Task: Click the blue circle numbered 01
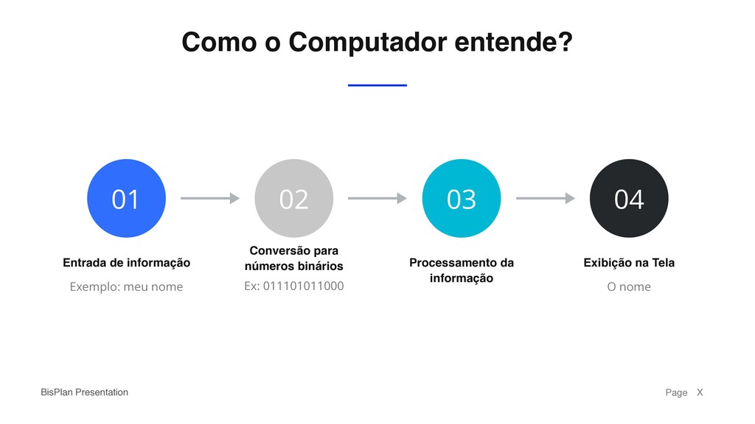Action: click(126, 198)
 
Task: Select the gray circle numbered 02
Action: click(293, 198)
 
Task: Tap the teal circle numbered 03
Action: click(462, 198)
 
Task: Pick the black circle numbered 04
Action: click(629, 198)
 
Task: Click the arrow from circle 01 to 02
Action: click(210, 198)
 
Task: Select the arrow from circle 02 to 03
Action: click(377, 198)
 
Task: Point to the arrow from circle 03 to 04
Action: click(545, 198)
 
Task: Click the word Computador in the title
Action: click(367, 43)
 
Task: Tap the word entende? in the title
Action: click(513, 43)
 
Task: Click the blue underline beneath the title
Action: click(377, 85)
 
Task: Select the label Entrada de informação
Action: click(126, 263)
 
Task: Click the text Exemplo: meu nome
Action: click(126, 286)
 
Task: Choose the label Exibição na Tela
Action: click(629, 263)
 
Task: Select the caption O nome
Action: click(629, 286)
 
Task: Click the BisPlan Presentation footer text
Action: click(84, 392)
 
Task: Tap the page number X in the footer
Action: click(700, 392)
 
